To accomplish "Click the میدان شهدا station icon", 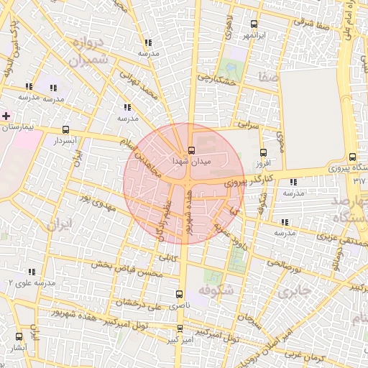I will (191, 150).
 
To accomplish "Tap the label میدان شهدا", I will (191, 162).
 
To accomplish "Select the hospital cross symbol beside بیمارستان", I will (6, 115).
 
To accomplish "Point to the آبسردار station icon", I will (66, 130).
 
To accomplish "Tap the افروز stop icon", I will (263, 152).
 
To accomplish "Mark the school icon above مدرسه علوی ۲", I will (31, 272).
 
